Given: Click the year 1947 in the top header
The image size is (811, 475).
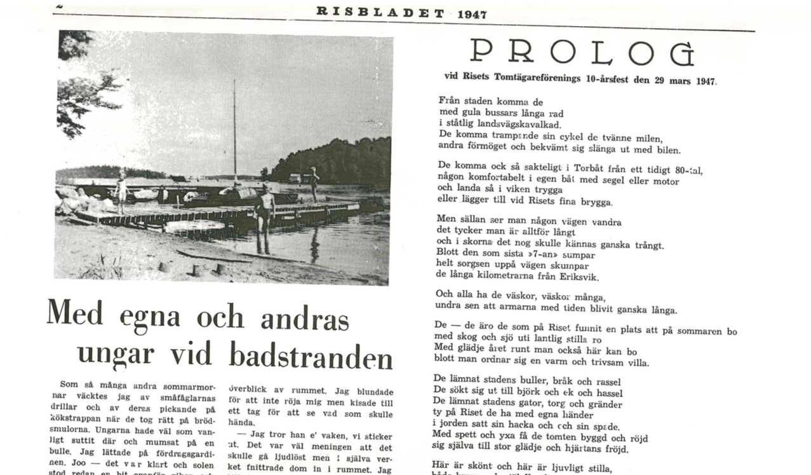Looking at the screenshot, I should [x=472, y=14].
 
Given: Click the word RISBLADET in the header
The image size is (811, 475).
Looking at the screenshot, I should [x=381, y=11].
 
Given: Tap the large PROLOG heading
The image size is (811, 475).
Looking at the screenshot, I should [x=581, y=53].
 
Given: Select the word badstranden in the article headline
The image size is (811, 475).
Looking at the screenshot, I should [x=311, y=356].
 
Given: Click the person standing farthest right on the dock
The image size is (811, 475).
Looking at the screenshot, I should [x=314, y=183].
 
